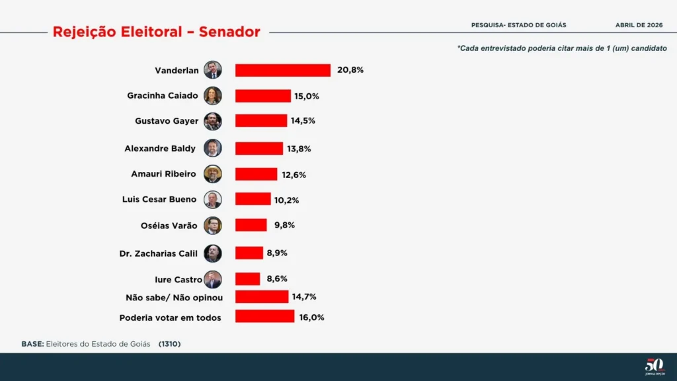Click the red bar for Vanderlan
pos(283,70)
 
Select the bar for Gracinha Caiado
pos(263,96)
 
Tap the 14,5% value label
pos(303,122)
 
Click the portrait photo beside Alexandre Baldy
pos(213,148)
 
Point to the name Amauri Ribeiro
pos(163,174)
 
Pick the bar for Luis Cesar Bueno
pos(253,199)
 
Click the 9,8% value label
pos(284,225)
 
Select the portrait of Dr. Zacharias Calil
pos(213,253)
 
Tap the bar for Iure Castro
pos(248,278)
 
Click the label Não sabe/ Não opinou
pos(174,298)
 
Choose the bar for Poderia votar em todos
pos(264,316)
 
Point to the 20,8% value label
pos(350,69)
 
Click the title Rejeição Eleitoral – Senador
pos(157,32)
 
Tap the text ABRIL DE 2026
pos(639,25)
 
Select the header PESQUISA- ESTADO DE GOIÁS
pos(518,25)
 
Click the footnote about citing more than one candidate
pos(562,48)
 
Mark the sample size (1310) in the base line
pos(169,344)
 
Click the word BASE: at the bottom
pos(32,344)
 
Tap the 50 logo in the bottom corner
pos(654,364)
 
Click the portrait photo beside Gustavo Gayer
pos(213,122)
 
